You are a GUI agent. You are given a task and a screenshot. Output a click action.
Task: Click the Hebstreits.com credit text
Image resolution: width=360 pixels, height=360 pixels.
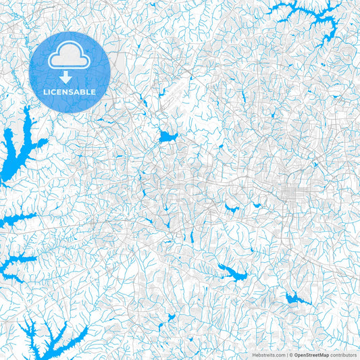point(267,355)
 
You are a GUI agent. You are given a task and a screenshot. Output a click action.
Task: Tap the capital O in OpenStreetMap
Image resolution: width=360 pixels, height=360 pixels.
point(296,355)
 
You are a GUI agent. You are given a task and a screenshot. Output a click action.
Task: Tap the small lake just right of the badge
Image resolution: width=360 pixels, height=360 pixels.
point(167,137)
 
